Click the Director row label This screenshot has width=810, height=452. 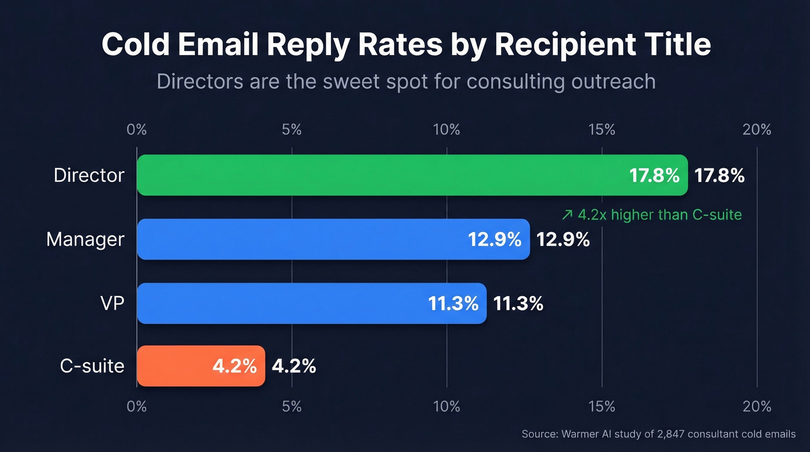tap(89, 175)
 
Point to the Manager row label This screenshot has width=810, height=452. tap(85, 239)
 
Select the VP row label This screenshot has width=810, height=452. tap(112, 303)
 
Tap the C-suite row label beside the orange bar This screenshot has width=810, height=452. tap(92, 366)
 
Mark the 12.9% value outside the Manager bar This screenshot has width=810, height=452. tap(563, 240)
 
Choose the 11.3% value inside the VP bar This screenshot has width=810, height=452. tap(453, 303)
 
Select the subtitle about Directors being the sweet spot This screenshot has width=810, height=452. tap(406, 81)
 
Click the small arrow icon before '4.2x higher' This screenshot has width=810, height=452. tap(567, 215)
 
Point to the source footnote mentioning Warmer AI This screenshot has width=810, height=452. tap(658, 433)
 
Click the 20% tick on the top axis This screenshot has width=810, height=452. tap(757, 130)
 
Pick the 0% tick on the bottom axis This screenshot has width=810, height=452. tap(137, 406)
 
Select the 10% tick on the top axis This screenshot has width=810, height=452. tap(447, 130)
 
